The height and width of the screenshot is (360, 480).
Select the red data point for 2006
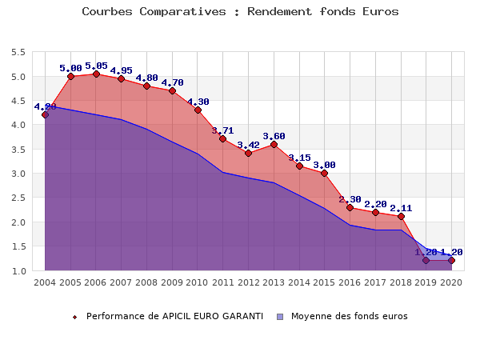[96, 74]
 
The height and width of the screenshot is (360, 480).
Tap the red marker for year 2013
[274, 144]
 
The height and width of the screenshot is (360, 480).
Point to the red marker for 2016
[350, 207]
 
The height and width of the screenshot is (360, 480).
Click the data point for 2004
[45, 114]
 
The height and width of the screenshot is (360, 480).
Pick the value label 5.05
[96, 66]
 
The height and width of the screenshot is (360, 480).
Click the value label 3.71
[223, 130]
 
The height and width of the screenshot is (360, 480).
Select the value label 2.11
[401, 208]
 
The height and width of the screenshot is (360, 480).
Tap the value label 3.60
[274, 136]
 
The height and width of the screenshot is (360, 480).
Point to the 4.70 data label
[172, 82]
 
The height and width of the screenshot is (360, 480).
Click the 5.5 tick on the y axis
[18, 53]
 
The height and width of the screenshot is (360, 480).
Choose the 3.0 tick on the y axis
[18, 174]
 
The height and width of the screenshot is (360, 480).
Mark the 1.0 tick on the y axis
[18, 271]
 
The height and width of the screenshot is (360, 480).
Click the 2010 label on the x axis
[198, 282]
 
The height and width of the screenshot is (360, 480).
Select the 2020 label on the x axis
[451, 282]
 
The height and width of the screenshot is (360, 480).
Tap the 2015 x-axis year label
[324, 282]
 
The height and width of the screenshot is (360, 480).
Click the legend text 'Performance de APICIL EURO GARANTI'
[174, 316]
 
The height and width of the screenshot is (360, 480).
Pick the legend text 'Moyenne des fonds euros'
[349, 316]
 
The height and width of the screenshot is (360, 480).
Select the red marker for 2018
[401, 217]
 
